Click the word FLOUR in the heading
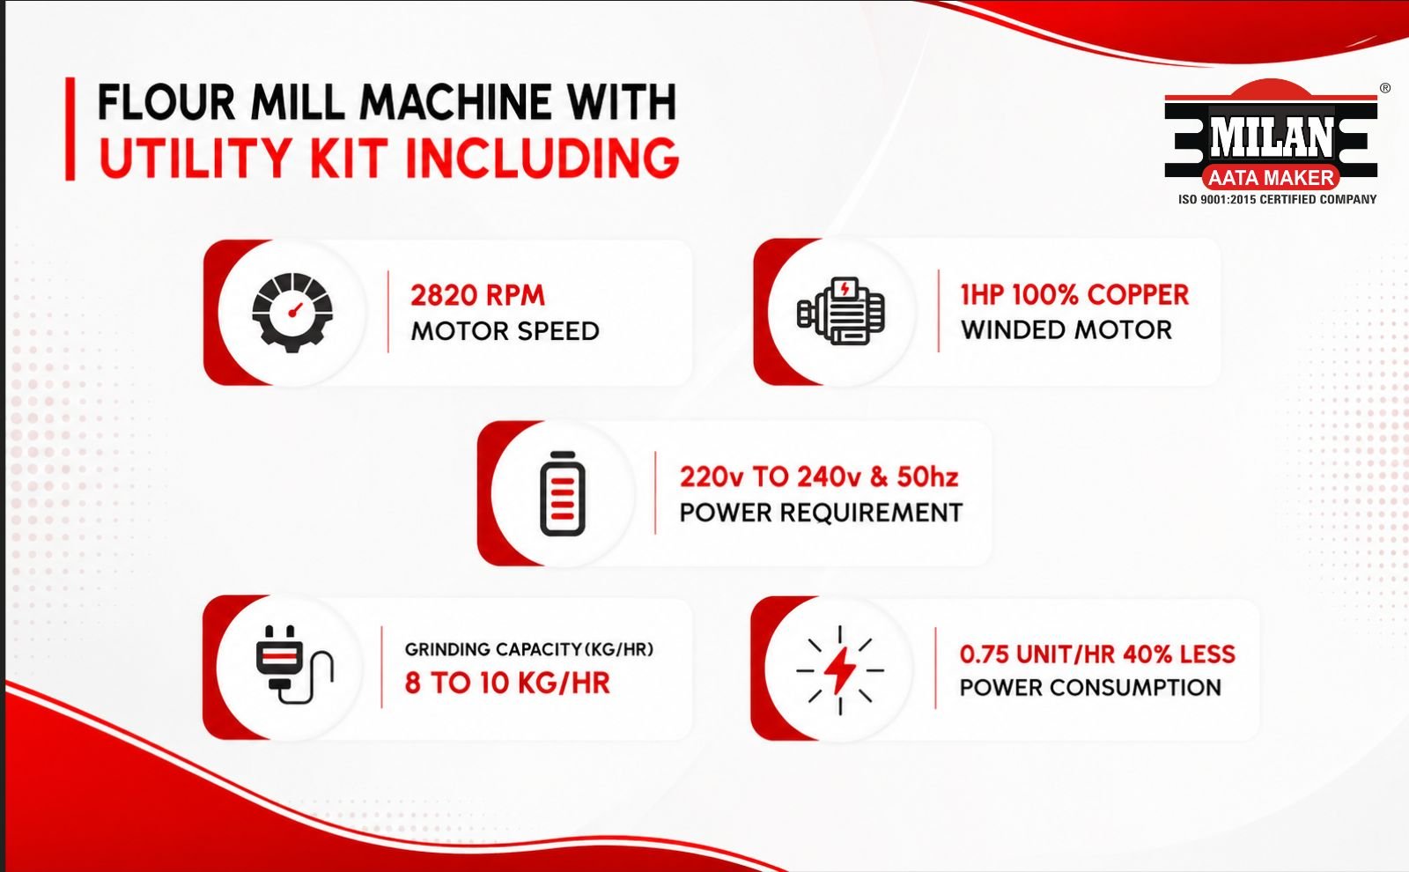pos(166,102)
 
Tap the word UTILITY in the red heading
pos(195,158)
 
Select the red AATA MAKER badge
pos(1271,178)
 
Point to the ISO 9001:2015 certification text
pos(1278,199)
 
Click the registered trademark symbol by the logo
pos(1385,88)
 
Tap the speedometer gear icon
pos(291,312)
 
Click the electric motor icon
pos(841,311)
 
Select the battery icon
pos(563,493)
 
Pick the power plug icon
pos(294,664)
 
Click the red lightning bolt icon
pos(840,670)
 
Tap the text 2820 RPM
pos(477,295)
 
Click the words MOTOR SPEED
pos(505,331)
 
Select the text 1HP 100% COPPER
pos(1074,294)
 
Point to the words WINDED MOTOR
pos(1066,329)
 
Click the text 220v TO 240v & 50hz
pos(819,477)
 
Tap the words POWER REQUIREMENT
pos(821,513)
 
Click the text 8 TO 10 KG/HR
pos(507,683)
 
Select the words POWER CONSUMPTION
pos(1090,688)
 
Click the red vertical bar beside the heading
pos(70,129)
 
